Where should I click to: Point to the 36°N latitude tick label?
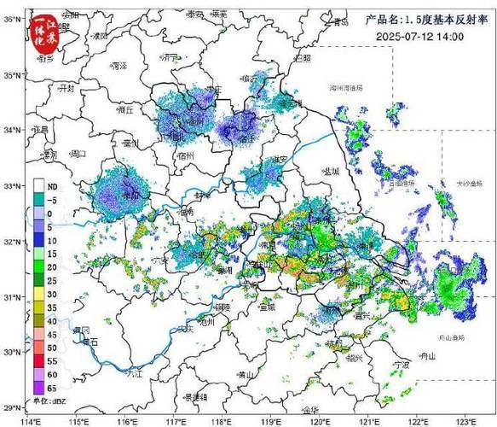point(12,19)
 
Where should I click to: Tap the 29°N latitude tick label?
point(12,407)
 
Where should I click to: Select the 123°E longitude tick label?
point(465,418)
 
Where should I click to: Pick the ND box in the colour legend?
point(39,185)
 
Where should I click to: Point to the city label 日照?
point(303,57)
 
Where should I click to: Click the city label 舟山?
point(428,357)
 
